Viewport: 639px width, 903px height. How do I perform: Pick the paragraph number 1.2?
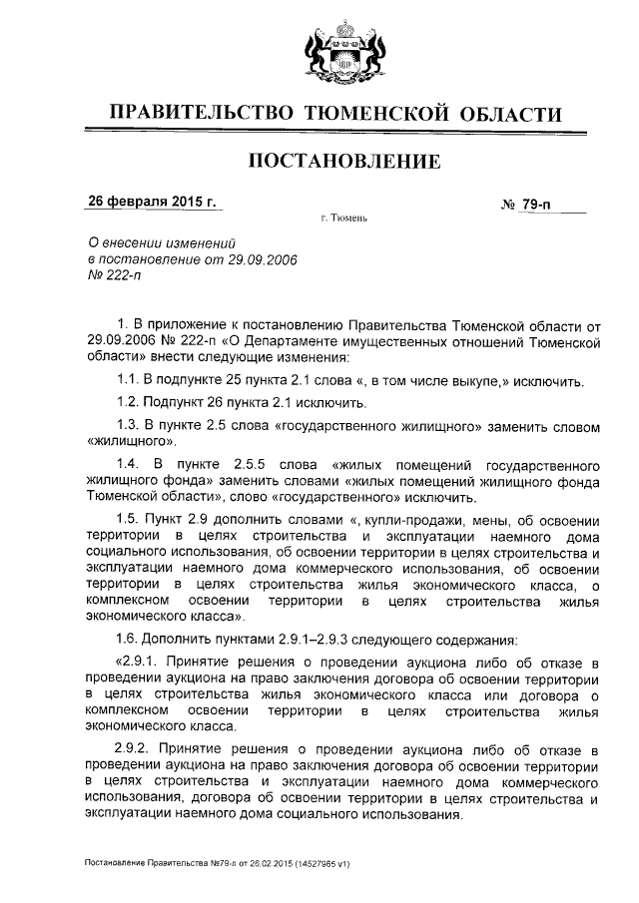tap(130, 404)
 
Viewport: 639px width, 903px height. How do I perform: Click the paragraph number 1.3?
tap(130, 426)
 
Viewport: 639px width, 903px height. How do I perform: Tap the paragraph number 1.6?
tap(130, 639)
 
